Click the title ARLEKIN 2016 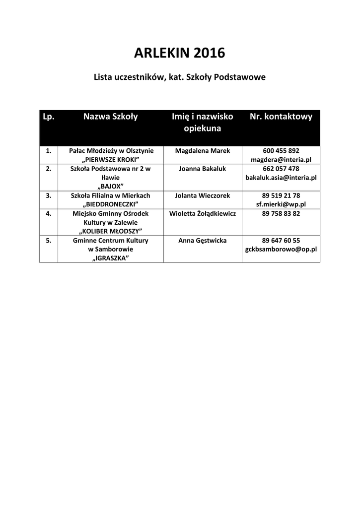180,53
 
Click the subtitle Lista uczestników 180,78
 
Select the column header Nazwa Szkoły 110,117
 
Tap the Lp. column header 48,117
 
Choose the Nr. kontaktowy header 281,117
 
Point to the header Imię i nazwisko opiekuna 202,123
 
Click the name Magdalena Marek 202,151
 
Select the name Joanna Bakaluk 202,169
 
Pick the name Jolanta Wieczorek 202,195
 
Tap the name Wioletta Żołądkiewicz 202,213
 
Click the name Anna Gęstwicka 202,241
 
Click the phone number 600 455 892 281,151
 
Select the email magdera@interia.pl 281,160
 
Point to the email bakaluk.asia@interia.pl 281,178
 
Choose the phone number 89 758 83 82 281,213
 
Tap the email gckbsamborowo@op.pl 281,250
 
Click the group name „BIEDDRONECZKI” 110,204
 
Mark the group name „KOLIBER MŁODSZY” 110,231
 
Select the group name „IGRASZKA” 110,258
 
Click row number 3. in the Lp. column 49,195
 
